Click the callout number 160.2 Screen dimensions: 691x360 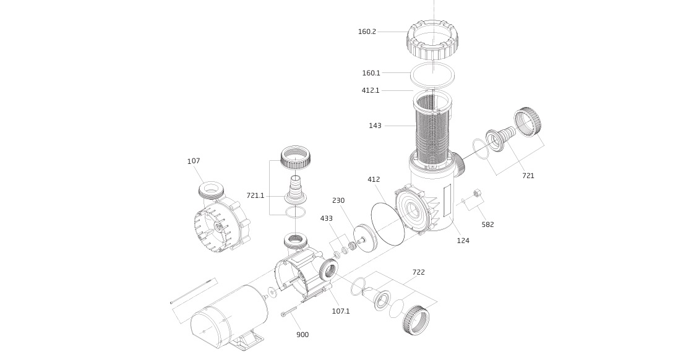coord(367,32)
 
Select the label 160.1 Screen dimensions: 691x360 coord(371,73)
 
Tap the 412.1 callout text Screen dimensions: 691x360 coord(371,90)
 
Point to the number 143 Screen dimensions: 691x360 coord(375,126)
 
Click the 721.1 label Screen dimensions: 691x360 coord(255,195)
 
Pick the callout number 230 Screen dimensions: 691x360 coord(338,200)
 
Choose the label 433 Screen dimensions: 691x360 coord(327,218)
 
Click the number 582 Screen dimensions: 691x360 coord(488,225)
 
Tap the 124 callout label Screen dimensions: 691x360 coord(463,241)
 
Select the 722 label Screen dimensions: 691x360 coord(419,272)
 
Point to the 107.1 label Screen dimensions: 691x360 coord(341,311)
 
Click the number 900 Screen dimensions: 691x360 coord(303,335)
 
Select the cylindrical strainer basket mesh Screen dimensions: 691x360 coord(433,132)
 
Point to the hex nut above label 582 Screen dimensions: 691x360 coord(476,193)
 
